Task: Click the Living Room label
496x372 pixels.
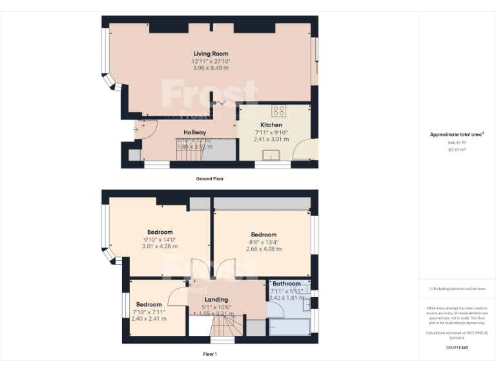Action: (211, 54)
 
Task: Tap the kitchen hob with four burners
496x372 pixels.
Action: (278, 110)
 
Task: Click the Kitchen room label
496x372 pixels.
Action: (271, 125)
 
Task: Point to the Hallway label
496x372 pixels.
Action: (194, 132)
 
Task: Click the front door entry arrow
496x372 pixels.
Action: (136, 129)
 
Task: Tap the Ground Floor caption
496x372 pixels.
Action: (210, 178)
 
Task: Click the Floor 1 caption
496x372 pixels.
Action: (210, 354)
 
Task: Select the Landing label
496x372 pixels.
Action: (216, 300)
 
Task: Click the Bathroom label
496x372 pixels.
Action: (286, 284)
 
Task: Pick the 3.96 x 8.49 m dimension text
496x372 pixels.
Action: (211, 68)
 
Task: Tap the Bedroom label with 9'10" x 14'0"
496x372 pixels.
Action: (160, 232)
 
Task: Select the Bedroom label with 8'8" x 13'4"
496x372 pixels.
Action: (263, 234)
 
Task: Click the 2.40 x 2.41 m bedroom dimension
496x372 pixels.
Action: (149, 318)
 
